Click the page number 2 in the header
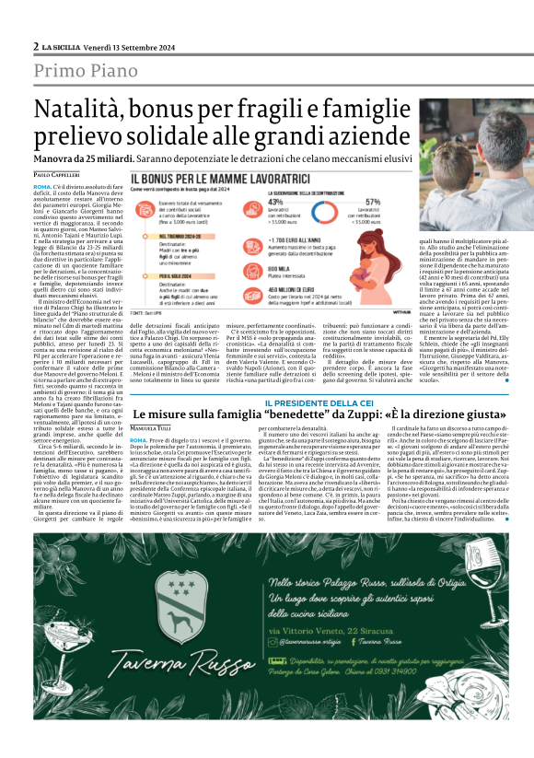[x=35, y=46]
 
